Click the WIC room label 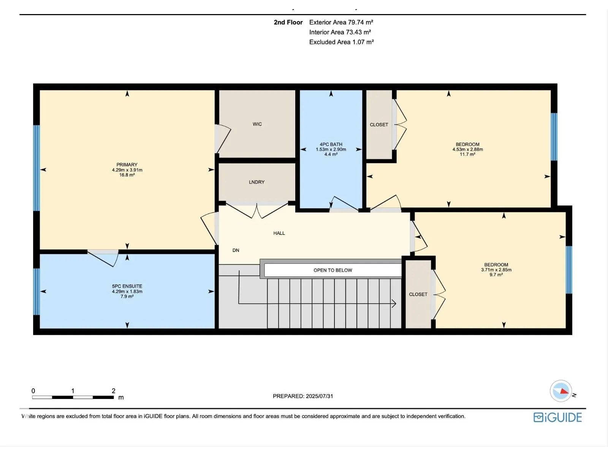pos(257,124)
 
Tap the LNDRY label pos(256,182)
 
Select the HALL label pos(279,233)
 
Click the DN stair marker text pos(236,250)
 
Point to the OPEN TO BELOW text pos(332,270)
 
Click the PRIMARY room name pos(127,165)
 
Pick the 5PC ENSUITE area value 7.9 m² pos(127,296)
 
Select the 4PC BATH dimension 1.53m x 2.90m pos(331,149)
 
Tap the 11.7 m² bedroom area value pos(467,155)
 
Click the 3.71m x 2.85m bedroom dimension pos(496,270)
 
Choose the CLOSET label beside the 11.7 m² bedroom pos(378,125)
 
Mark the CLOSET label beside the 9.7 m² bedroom pos(418,294)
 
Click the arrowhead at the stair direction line pos(394,304)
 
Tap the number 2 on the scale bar pos(114,391)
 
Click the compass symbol pos(560,391)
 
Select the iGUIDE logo pos(557,417)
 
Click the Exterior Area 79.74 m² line pos(341,22)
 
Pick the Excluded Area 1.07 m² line pos(341,42)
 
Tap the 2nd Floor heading pos(288,22)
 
